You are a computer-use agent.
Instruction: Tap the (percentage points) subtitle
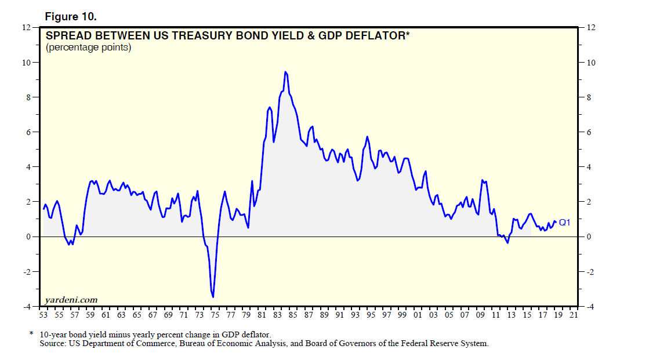pyautogui.click(x=89, y=48)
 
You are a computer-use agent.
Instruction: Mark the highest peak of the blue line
pyautogui.click(x=285, y=72)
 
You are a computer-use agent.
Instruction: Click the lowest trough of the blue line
pyautogui.click(x=213, y=297)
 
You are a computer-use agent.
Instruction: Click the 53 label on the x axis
pyautogui.click(x=43, y=315)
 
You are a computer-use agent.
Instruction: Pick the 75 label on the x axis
pyautogui.click(x=214, y=315)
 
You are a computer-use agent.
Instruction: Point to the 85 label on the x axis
pyautogui.click(x=292, y=315)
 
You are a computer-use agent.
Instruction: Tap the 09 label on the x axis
pyautogui.click(x=480, y=315)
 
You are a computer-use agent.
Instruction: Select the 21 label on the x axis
pyautogui.click(x=573, y=315)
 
